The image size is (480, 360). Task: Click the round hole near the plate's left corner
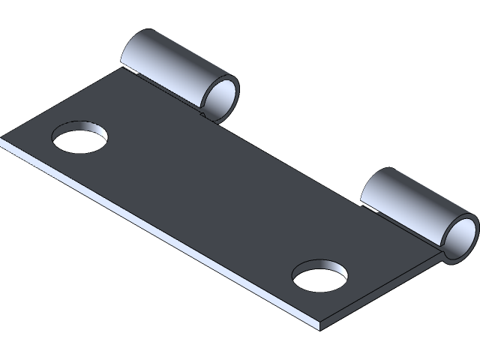[79, 138]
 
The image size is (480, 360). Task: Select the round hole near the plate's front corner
[320, 276]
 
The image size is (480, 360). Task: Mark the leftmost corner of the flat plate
[3, 140]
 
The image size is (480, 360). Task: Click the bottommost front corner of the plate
[321, 328]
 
